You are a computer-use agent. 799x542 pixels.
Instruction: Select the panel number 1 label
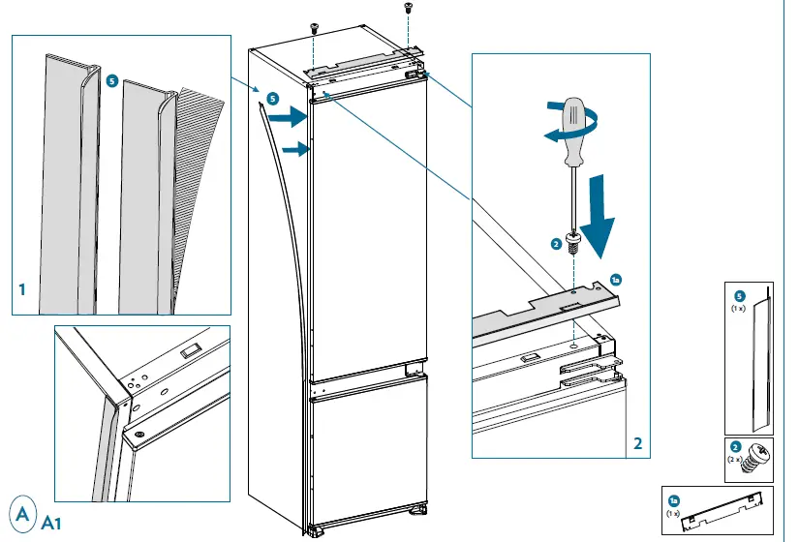[x=21, y=288]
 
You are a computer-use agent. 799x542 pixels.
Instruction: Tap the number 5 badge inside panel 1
[x=112, y=83]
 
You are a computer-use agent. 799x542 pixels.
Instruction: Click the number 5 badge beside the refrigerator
[x=272, y=99]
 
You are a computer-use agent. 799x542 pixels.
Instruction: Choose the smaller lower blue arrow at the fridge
[x=294, y=149]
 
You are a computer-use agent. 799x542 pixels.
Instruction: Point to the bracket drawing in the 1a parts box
[x=721, y=509]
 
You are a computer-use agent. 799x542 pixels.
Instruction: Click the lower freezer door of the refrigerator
[x=368, y=455]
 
